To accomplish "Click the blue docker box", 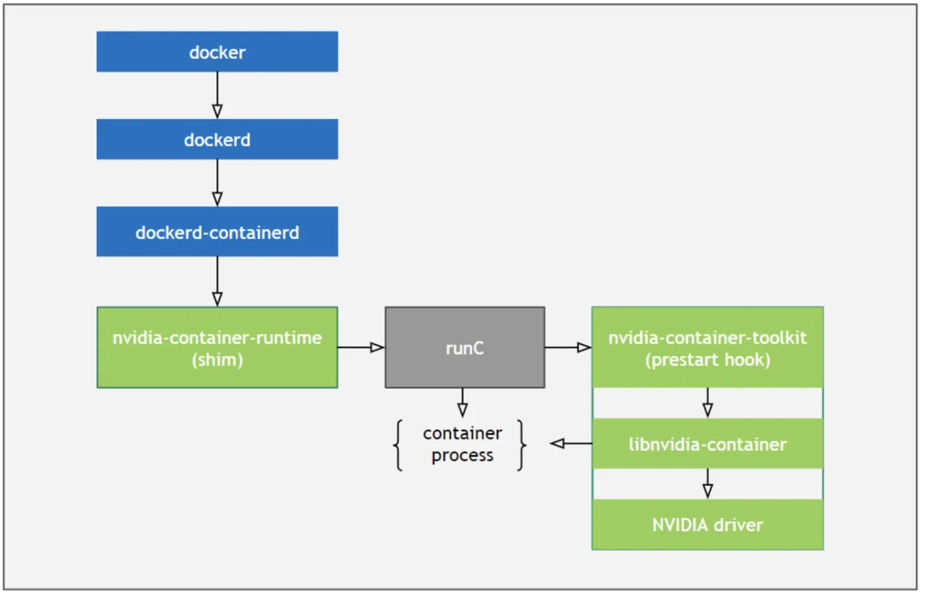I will coord(217,52).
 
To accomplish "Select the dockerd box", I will coord(217,139).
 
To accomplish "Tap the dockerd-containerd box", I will coord(217,232).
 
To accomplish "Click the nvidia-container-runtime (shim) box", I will coord(217,347).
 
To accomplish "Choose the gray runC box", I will coord(464,347).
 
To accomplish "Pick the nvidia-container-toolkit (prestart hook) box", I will coord(707,347).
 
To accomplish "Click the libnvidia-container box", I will coord(707,444).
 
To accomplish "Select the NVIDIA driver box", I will coord(707,524).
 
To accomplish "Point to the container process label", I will coord(462,444).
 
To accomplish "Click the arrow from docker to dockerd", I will coord(217,95).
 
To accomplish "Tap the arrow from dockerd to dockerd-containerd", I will coord(217,183).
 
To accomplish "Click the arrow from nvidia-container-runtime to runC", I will coord(361,347).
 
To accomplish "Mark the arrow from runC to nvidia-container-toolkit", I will coord(568,347).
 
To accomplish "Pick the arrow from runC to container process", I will coord(462,402).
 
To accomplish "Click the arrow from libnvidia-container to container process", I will coord(571,443).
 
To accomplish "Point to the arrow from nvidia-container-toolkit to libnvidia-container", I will coord(708,402).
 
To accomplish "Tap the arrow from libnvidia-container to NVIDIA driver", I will coord(708,483).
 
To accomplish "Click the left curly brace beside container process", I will coord(398,445).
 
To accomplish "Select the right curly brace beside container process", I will coord(521,445).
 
